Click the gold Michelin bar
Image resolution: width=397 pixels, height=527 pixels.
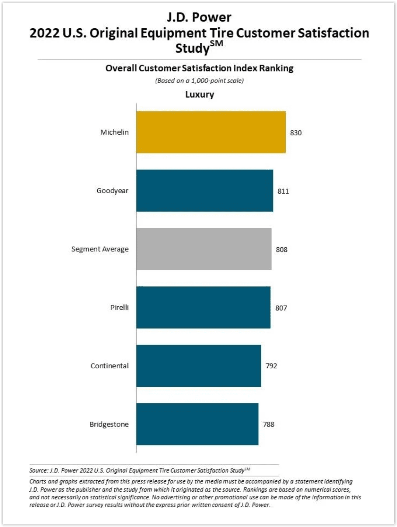pyautogui.click(x=211, y=132)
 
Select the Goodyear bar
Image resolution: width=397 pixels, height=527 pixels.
pyautogui.click(x=205, y=191)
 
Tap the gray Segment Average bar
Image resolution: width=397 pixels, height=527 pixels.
pyautogui.click(x=204, y=249)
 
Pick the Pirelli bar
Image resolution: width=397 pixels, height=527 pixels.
pyautogui.click(x=203, y=308)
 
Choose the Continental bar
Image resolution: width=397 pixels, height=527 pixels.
pyautogui.click(x=199, y=366)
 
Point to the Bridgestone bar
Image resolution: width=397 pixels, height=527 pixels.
pyautogui.click(x=197, y=424)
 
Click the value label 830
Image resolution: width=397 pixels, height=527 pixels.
pyautogui.click(x=296, y=133)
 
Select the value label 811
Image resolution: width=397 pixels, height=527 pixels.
pyautogui.click(x=283, y=191)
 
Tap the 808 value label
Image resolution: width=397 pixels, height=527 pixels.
pyautogui.click(x=282, y=250)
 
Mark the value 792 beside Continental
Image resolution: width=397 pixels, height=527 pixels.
pyautogui.click(x=271, y=366)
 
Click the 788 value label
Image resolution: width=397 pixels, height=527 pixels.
pyautogui.click(x=268, y=424)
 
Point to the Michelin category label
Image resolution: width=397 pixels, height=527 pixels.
pyautogui.click(x=115, y=132)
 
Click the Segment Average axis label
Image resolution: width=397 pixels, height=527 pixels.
pyautogui.click(x=100, y=249)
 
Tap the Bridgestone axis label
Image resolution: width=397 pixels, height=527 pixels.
pyautogui.click(x=109, y=424)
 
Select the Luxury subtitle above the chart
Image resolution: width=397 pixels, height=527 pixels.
pyautogui.click(x=199, y=95)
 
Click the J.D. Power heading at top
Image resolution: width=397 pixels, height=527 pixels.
pyautogui.click(x=199, y=17)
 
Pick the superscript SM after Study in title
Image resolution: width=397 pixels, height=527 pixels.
pyautogui.click(x=217, y=44)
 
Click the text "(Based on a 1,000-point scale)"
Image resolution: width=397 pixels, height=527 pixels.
pyautogui.click(x=199, y=81)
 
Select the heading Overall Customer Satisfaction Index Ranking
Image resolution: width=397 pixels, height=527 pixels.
pyautogui.click(x=199, y=68)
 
